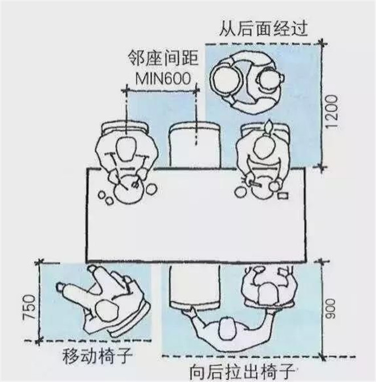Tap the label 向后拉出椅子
coord(241,372)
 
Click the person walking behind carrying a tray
coord(246,82)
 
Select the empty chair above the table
coord(193,145)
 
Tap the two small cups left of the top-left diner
coord(105,198)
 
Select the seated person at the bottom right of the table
coord(269,285)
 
